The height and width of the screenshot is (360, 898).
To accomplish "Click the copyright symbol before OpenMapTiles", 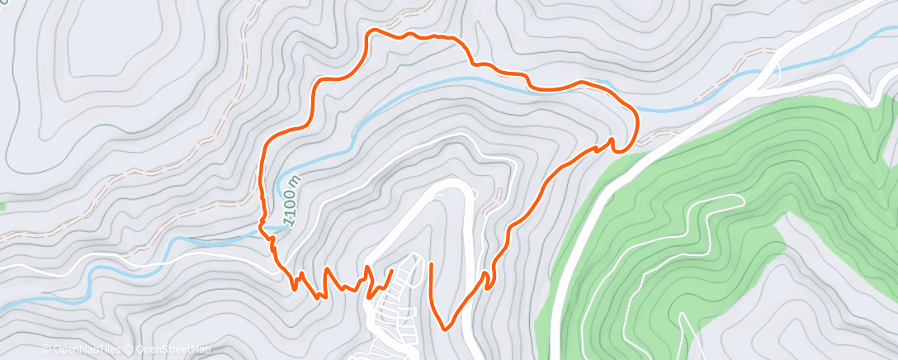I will click(46, 350).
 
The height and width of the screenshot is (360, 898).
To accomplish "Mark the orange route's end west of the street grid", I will click(390, 272).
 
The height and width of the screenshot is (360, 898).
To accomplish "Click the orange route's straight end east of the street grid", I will click(432, 264).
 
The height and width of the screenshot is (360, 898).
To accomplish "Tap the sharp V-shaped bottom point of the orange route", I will click(446, 329).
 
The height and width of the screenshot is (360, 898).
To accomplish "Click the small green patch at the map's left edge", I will click(2, 206).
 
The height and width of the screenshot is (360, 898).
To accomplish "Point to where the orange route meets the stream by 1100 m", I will click(267, 231).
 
